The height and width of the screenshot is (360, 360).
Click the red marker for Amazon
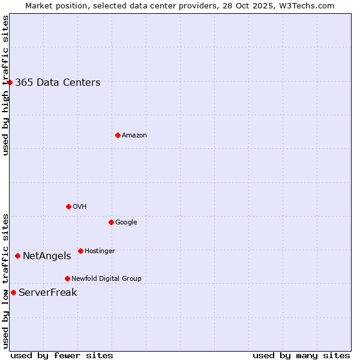[118, 135]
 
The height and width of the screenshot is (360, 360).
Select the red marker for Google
[111, 222]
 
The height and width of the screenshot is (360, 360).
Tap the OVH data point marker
[68, 206]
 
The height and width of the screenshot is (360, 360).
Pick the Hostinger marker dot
[80, 251]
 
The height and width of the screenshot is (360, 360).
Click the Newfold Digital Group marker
[67, 278]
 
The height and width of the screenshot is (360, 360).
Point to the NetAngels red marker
[17, 256]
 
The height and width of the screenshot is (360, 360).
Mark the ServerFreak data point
[13, 292]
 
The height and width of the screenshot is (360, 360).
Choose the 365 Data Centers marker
[10, 82]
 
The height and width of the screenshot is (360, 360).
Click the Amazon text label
[134, 136]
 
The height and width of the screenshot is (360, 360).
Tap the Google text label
[126, 223]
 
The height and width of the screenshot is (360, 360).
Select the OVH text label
[80, 207]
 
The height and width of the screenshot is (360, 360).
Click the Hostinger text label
[100, 251]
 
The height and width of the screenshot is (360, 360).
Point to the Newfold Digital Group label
[106, 279]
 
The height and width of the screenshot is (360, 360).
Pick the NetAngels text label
[47, 256]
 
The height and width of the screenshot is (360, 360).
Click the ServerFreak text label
[48, 293]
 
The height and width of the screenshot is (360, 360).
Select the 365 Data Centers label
[58, 83]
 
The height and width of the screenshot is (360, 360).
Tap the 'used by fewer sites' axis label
[62, 355]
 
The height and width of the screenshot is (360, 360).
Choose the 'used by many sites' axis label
[301, 355]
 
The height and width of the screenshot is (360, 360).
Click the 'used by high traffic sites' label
[5, 85]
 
